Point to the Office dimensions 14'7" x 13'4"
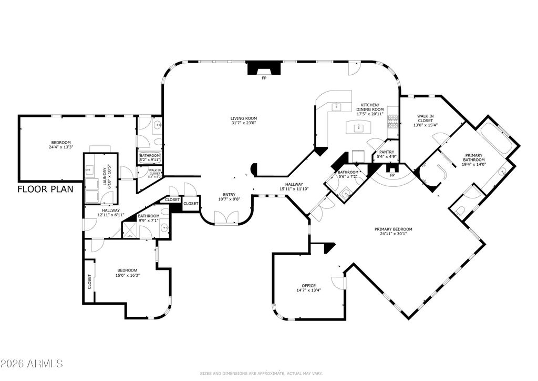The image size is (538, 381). [x=308, y=290]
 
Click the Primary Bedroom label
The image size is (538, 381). [x=393, y=229]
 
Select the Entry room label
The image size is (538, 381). [x=229, y=194]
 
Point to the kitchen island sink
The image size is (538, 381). [x=358, y=127]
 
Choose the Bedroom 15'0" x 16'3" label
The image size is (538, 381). [x=127, y=272]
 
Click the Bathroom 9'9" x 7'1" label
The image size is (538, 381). [x=148, y=218]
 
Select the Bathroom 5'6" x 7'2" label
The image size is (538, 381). [x=348, y=175]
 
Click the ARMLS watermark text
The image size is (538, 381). [x=32, y=364]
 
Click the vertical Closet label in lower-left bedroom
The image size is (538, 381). [x=89, y=282]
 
